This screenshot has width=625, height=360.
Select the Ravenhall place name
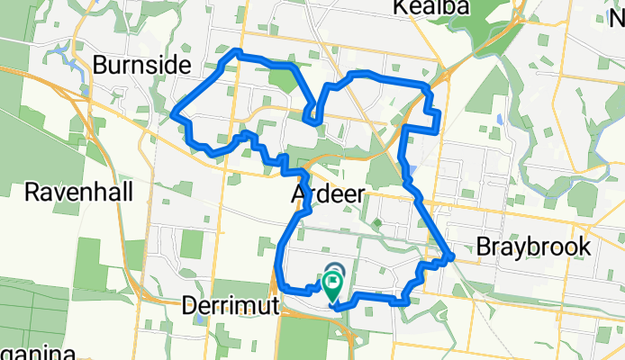pos(79,192)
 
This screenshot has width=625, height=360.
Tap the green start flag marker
pos(332,287)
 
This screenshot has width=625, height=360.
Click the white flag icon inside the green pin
pos(332,283)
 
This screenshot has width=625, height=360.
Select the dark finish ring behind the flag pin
pos(335,269)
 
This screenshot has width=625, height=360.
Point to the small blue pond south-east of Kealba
pos(498,119)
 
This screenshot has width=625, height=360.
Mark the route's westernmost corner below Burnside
pos(173,115)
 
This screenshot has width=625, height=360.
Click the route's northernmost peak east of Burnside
pos(237,52)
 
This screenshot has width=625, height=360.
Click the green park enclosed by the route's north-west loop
pos(281,81)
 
